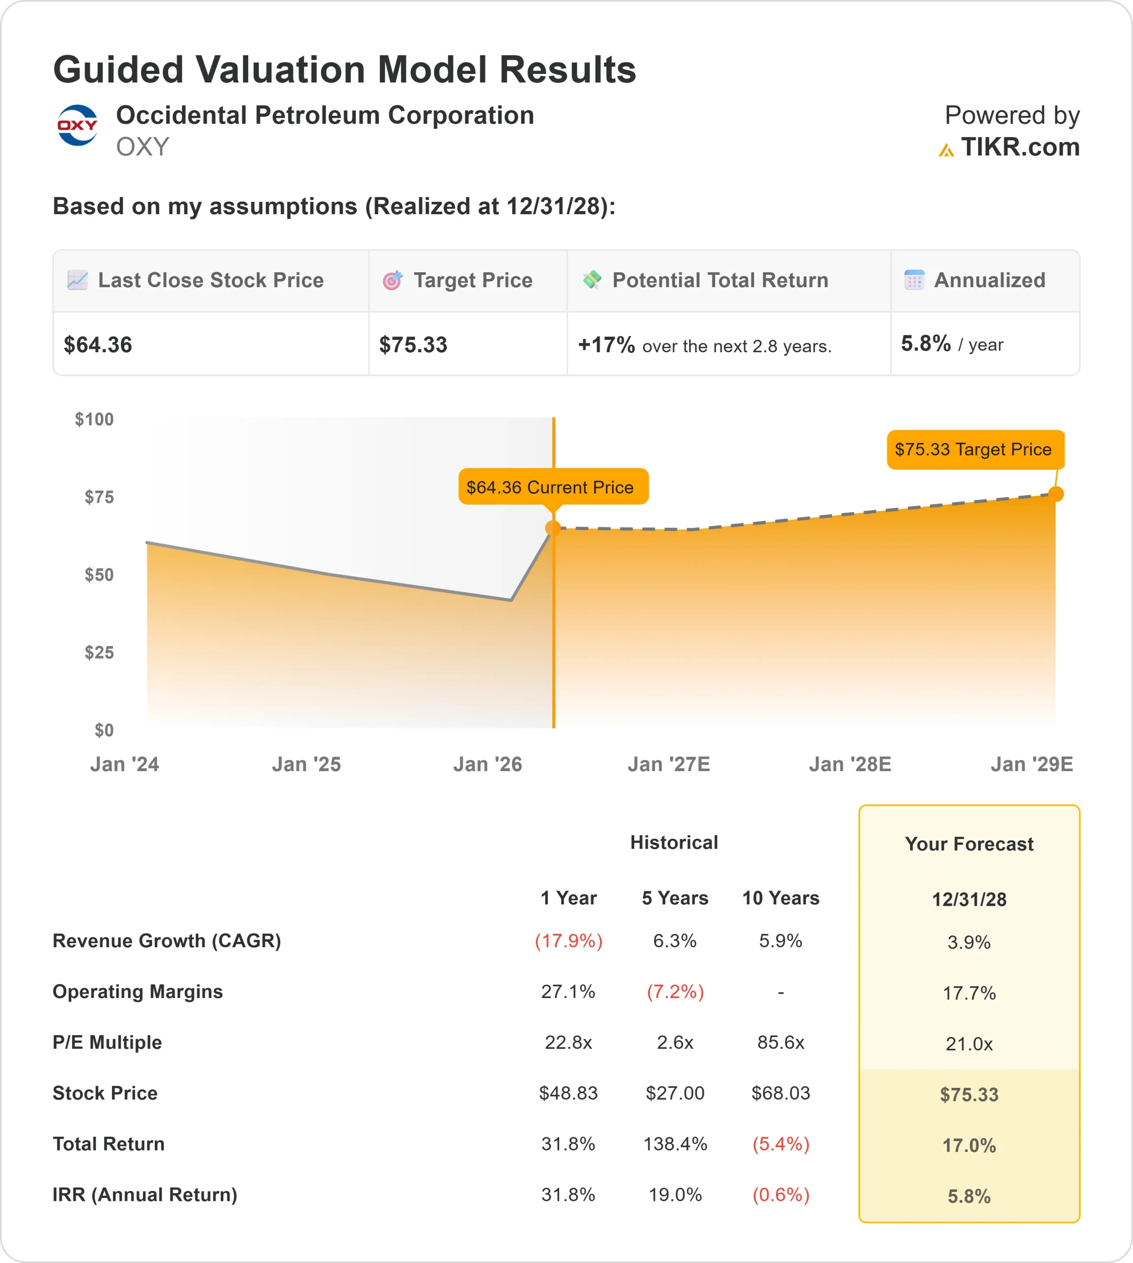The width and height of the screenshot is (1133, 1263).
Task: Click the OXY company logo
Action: (77, 125)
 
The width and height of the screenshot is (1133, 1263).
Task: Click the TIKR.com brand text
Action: (1019, 148)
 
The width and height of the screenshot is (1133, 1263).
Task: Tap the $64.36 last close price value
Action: (98, 345)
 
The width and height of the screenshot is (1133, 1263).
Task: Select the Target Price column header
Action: (473, 281)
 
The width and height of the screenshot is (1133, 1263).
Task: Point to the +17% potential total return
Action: (606, 344)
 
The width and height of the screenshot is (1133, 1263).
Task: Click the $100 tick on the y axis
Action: (95, 419)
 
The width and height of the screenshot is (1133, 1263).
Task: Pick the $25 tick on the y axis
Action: (100, 652)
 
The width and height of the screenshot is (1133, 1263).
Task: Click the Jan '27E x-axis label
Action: (669, 764)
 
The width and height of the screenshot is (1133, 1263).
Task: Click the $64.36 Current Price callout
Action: (553, 487)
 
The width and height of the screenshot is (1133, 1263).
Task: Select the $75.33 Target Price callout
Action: (975, 449)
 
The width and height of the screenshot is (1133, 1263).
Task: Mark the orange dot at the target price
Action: (1056, 494)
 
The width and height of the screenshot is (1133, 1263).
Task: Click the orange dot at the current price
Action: (553, 528)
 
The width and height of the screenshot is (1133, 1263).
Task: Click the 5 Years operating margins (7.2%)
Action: (675, 992)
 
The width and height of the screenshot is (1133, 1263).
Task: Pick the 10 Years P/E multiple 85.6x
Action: (781, 1042)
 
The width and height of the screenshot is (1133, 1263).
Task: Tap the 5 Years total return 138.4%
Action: (675, 1144)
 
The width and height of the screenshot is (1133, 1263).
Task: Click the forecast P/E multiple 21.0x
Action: (969, 1044)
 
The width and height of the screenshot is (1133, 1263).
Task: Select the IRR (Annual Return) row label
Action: (145, 1194)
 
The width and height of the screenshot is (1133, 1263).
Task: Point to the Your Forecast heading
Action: (969, 844)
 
